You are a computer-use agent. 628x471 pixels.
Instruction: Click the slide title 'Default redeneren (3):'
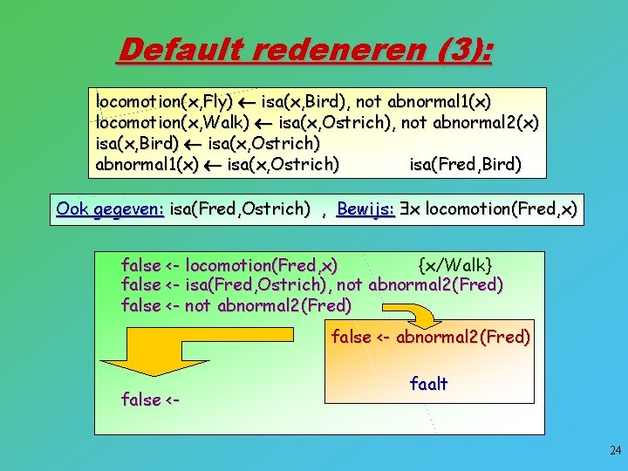304,50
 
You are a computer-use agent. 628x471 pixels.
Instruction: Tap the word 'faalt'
428,384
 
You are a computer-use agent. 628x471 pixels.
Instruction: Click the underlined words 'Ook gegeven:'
110,208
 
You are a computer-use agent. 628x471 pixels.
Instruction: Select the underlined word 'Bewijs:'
366,208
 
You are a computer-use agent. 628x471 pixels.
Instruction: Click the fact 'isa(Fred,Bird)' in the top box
465,163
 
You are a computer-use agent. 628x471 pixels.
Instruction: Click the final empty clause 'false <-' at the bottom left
150,400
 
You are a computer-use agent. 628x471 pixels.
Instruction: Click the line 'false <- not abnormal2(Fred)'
236,305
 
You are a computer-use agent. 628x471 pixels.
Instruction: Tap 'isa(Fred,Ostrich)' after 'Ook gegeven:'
239,208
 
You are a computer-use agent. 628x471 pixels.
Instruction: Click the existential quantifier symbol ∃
406,208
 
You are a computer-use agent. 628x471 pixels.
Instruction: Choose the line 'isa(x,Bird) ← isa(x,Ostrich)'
208,142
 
